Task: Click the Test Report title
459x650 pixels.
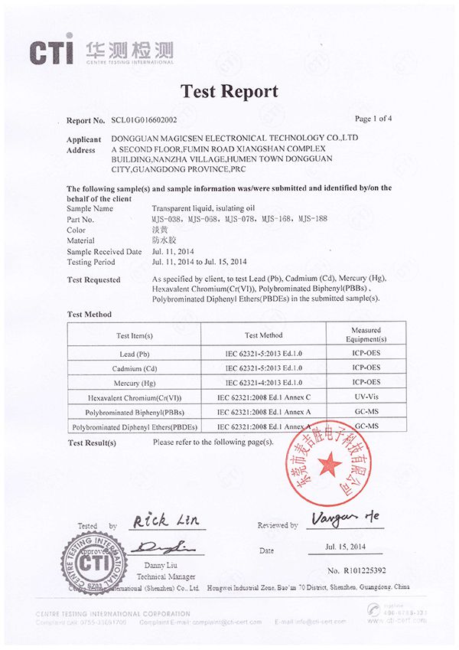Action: coord(229,92)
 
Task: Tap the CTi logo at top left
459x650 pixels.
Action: coord(51,51)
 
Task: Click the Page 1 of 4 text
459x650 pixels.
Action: coord(373,119)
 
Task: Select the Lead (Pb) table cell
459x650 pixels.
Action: coord(134,354)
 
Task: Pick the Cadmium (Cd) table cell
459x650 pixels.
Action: coord(134,368)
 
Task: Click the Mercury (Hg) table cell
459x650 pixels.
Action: coord(134,382)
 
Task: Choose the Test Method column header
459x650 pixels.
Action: coord(263,335)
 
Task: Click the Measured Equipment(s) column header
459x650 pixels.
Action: coord(366,335)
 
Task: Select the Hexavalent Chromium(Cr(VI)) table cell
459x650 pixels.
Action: coord(134,397)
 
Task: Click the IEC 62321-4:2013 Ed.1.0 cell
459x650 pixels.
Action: coord(263,382)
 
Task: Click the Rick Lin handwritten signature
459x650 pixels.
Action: coord(165,521)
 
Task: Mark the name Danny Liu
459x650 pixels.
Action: coord(162,566)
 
